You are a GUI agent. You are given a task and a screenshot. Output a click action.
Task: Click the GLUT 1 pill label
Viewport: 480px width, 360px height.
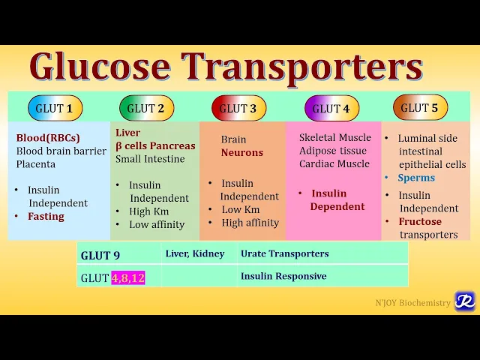(54, 108)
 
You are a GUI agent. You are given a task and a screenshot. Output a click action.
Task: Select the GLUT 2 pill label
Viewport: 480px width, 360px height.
(145, 108)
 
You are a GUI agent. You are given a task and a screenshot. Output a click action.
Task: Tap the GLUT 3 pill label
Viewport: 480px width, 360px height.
(238, 109)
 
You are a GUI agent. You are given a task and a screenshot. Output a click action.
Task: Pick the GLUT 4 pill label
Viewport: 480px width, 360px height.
(331, 109)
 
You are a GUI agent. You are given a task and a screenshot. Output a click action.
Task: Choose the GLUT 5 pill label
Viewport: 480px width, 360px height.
(420, 108)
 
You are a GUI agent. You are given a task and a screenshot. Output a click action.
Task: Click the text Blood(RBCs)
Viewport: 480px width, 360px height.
(48, 138)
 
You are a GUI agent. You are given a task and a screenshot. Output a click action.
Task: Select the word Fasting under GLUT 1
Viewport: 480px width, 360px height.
(46, 217)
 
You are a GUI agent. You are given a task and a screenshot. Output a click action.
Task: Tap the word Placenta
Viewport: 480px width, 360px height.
(36, 164)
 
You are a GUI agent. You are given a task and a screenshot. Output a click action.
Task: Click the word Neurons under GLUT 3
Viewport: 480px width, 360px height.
(242, 152)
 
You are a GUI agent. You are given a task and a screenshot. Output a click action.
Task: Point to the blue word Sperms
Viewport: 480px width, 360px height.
(416, 178)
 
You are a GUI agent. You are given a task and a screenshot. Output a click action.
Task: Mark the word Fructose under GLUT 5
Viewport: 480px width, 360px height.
(420, 222)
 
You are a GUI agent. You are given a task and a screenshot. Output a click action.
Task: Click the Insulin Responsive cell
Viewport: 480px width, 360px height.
(283, 276)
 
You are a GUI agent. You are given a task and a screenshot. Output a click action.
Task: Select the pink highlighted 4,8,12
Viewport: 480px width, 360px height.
(127, 277)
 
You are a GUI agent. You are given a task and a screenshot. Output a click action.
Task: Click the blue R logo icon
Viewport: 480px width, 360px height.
(464, 301)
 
